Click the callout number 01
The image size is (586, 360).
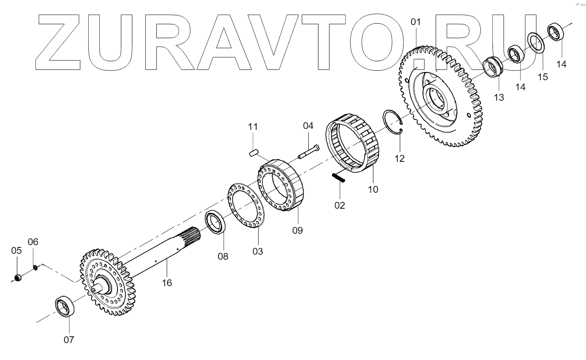tap(416, 22)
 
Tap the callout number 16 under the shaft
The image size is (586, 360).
tap(167, 283)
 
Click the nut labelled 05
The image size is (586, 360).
tap(17, 278)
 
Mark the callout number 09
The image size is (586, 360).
tap(297, 230)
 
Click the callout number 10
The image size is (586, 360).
tap(373, 189)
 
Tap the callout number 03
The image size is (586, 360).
tap(258, 251)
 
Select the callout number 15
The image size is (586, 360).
tap(543, 77)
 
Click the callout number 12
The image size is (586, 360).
tap(399, 159)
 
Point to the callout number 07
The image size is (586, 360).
tap(69, 339)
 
